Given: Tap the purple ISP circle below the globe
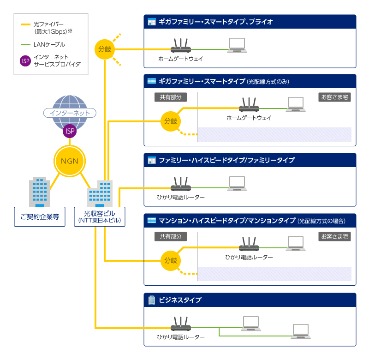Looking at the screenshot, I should click(x=70, y=132).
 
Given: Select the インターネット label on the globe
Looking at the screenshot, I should click(x=69, y=113).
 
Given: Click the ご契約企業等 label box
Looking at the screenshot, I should click(x=40, y=217).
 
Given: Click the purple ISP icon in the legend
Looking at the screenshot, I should click(x=26, y=60).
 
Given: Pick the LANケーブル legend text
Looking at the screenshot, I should click(x=49, y=45).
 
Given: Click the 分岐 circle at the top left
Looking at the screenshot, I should click(x=105, y=49).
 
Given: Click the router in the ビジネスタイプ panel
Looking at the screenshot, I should click(x=180, y=325).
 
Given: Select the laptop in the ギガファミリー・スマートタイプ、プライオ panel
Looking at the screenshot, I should click(x=238, y=44).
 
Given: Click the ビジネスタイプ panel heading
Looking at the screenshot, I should click(x=180, y=300).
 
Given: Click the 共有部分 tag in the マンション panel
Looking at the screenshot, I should click(x=170, y=236).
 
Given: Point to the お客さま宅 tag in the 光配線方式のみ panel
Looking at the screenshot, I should click(x=335, y=97).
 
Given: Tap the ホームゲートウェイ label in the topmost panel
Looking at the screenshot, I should click(x=180, y=59).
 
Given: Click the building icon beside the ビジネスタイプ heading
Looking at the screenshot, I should click(x=151, y=300).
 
